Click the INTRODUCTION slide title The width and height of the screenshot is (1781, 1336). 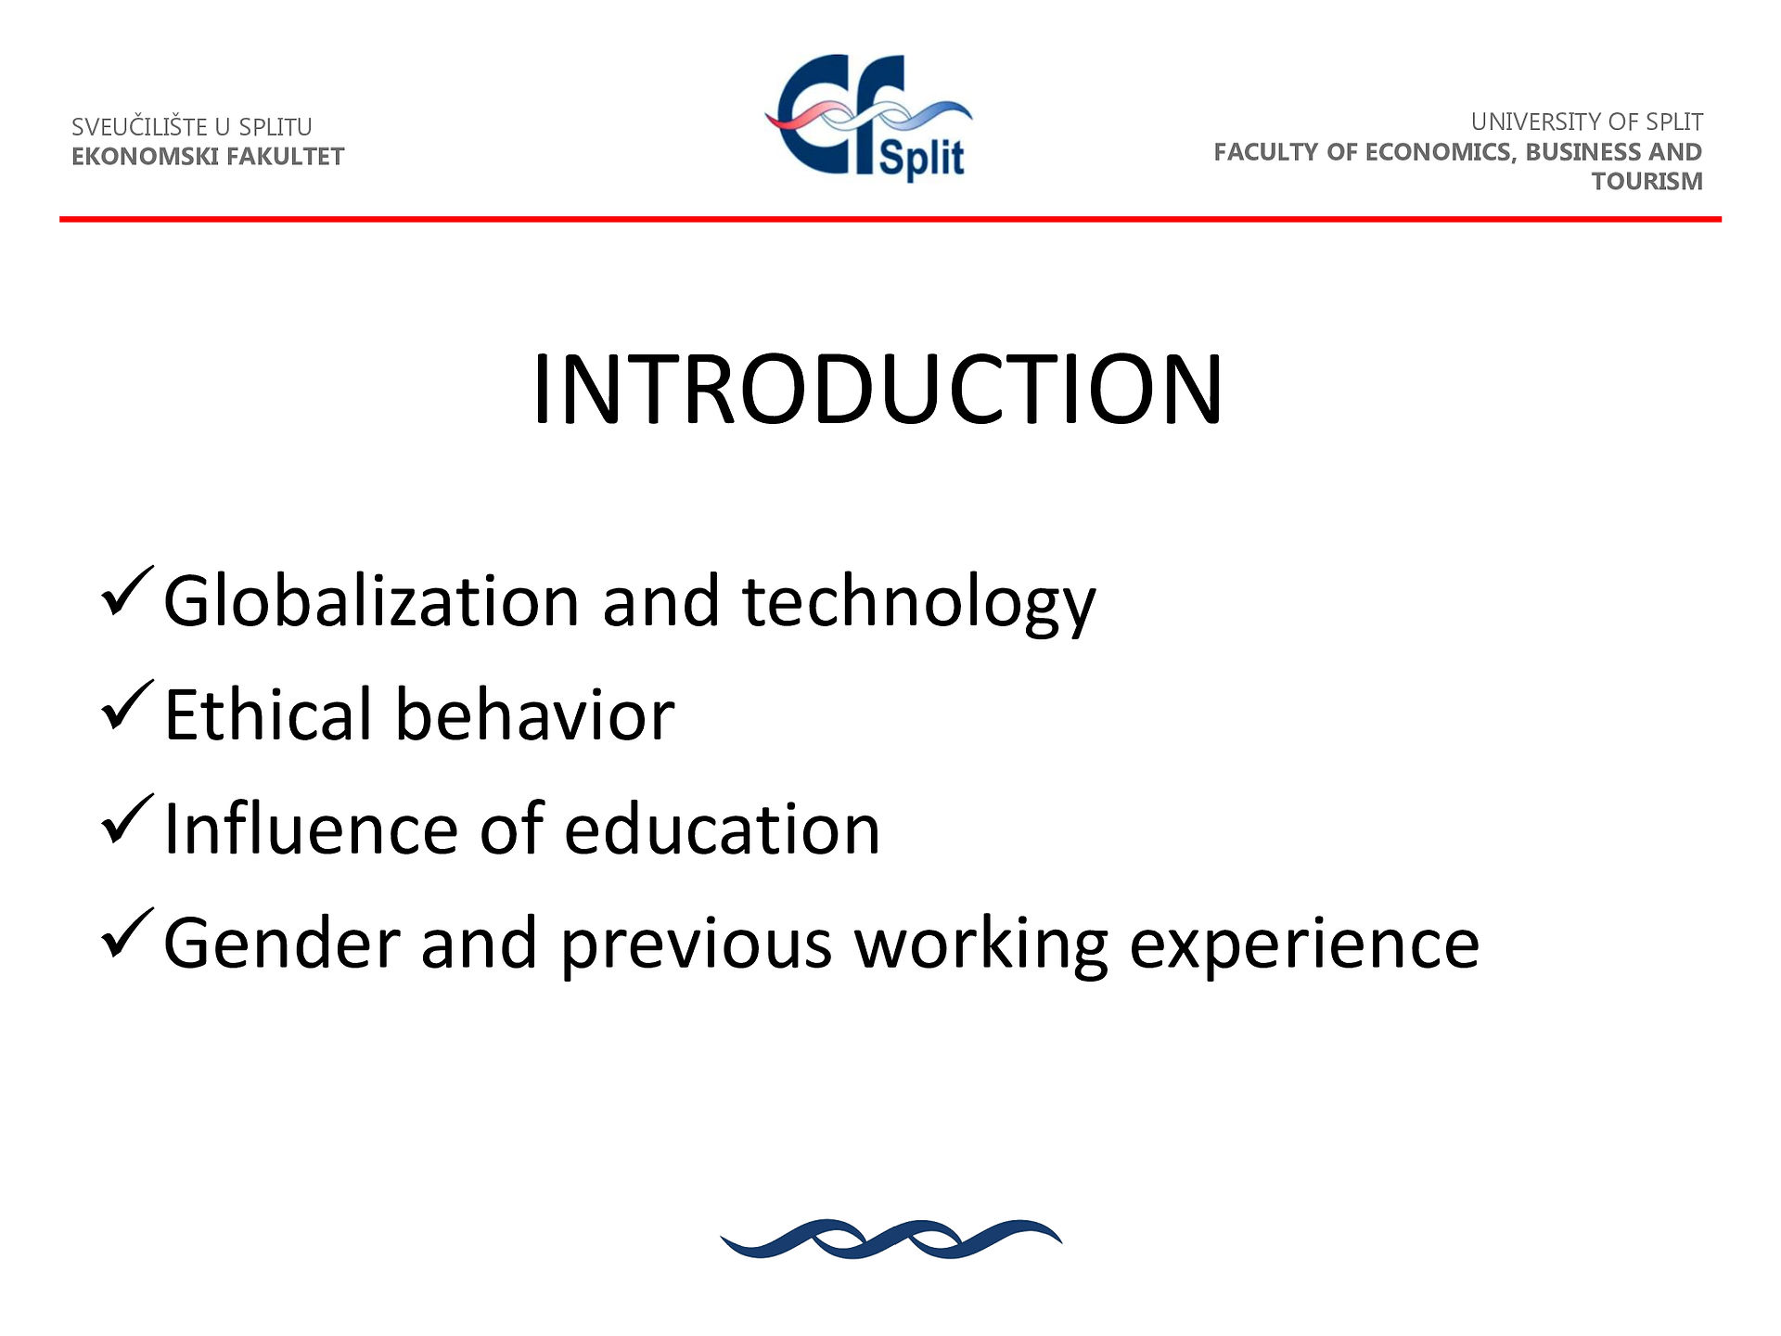pos(878,390)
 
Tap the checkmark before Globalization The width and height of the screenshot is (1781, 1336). pos(126,593)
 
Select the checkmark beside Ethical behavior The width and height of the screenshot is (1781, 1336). pos(126,707)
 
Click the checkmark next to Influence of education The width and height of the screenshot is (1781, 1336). pos(126,821)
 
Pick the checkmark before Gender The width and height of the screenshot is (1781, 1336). pos(126,935)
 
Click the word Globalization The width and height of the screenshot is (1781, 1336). pos(372,600)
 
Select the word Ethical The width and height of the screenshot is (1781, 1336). pos(268,714)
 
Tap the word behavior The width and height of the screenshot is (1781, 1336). pos(535,714)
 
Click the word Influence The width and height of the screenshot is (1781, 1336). pos(310,828)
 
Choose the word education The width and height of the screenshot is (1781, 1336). pos(722,828)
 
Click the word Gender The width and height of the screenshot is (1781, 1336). pos(280,943)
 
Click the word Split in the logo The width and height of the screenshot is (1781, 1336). pos(921,158)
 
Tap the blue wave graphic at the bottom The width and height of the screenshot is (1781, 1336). pos(891,1240)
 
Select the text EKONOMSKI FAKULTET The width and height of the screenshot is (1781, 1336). pos(208,156)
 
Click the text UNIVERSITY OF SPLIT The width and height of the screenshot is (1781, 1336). pos(1586,122)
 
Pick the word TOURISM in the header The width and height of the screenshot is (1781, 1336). pos(1647,181)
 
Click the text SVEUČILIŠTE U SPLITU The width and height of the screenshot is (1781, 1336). pos(192,126)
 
